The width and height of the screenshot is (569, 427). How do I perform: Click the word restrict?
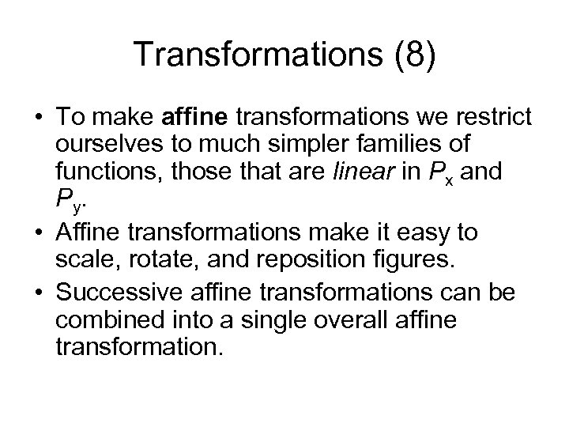[499, 119]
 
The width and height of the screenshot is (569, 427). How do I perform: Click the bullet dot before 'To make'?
[38, 119]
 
